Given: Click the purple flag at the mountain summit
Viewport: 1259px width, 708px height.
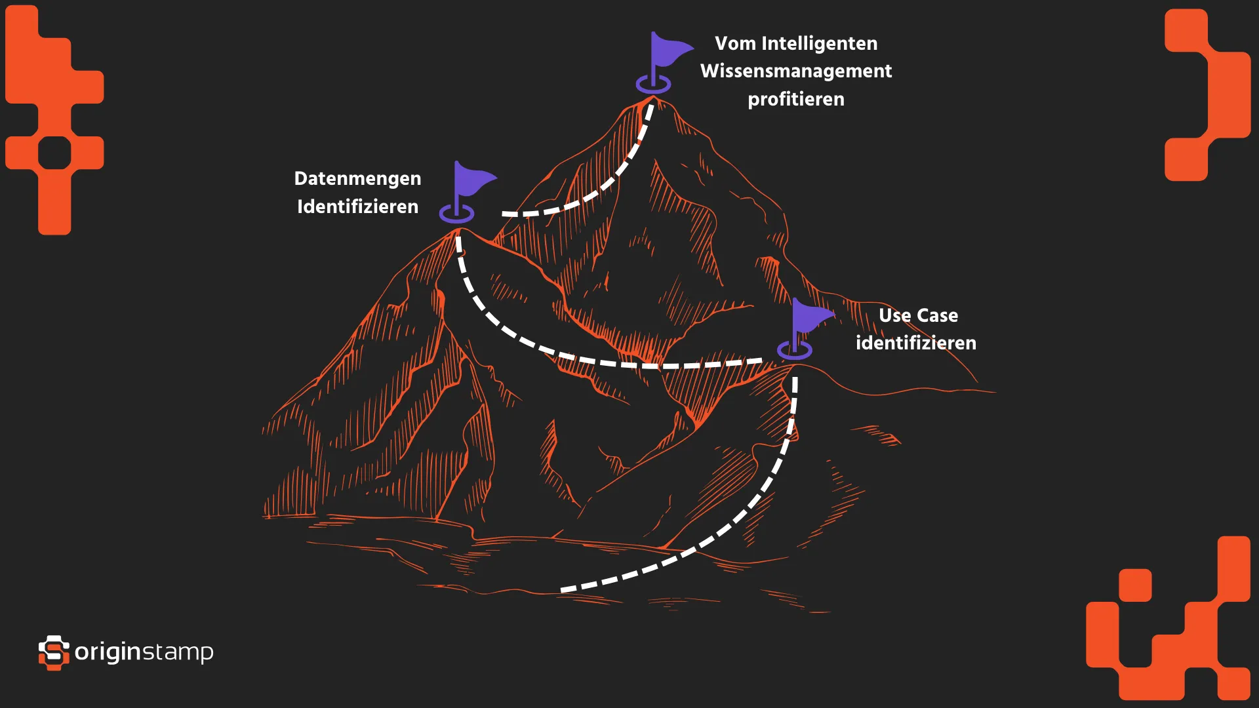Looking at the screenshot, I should click(x=668, y=51).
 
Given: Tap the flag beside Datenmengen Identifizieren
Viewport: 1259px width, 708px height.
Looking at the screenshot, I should click(x=471, y=180).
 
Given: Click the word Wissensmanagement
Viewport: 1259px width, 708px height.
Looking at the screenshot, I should click(x=796, y=71).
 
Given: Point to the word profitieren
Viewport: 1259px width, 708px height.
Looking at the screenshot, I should click(x=796, y=100).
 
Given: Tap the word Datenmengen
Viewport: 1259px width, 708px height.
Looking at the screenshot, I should click(x=357, y=178).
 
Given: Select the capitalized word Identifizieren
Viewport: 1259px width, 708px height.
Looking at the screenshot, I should click(x=357, y=207).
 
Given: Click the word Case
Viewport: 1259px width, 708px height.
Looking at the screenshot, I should click(x=937, y=315).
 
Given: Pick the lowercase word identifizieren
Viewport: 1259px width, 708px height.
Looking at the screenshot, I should click(x=915, y=344).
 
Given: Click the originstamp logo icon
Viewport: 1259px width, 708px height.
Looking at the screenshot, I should click(x=54, y=652).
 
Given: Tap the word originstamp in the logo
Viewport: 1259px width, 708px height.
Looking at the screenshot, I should click(x=144, y=652).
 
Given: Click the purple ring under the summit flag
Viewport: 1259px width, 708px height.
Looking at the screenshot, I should click(x=653, y=85).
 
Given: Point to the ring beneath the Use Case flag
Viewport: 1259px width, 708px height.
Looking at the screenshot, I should click(x=795, y=351).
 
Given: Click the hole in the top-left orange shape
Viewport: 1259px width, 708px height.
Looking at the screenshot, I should click(x=54, y=153).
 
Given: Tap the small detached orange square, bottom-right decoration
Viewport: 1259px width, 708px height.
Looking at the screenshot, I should click(x=1135, y=585).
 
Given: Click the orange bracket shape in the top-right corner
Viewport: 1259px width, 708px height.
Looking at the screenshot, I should click(x=1207, y=95).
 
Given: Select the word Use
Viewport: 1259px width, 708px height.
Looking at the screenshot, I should click(x=894, y=315).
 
